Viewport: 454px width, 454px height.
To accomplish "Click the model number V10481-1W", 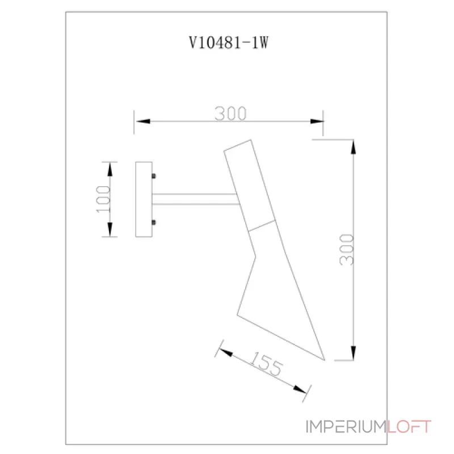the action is (x=229, y=43).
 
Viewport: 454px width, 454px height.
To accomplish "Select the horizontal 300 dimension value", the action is (x=230, y=113).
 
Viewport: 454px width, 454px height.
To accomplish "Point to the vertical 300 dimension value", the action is (x=347, y=250).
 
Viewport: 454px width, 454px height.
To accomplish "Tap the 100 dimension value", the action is (x=103, y=199).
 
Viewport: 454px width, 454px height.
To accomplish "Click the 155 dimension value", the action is (x=266, y=364).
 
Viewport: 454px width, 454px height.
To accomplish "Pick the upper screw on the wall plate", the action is (x=154, y=176).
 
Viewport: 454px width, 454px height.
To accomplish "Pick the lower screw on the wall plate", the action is (x=154, y=222).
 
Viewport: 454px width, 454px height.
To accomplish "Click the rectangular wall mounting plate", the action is (x=144, y=199).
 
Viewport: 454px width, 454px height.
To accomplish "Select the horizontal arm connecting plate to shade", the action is (x=195, y=199).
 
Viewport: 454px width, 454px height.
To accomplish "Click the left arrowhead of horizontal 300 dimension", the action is (x=143, y=121).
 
